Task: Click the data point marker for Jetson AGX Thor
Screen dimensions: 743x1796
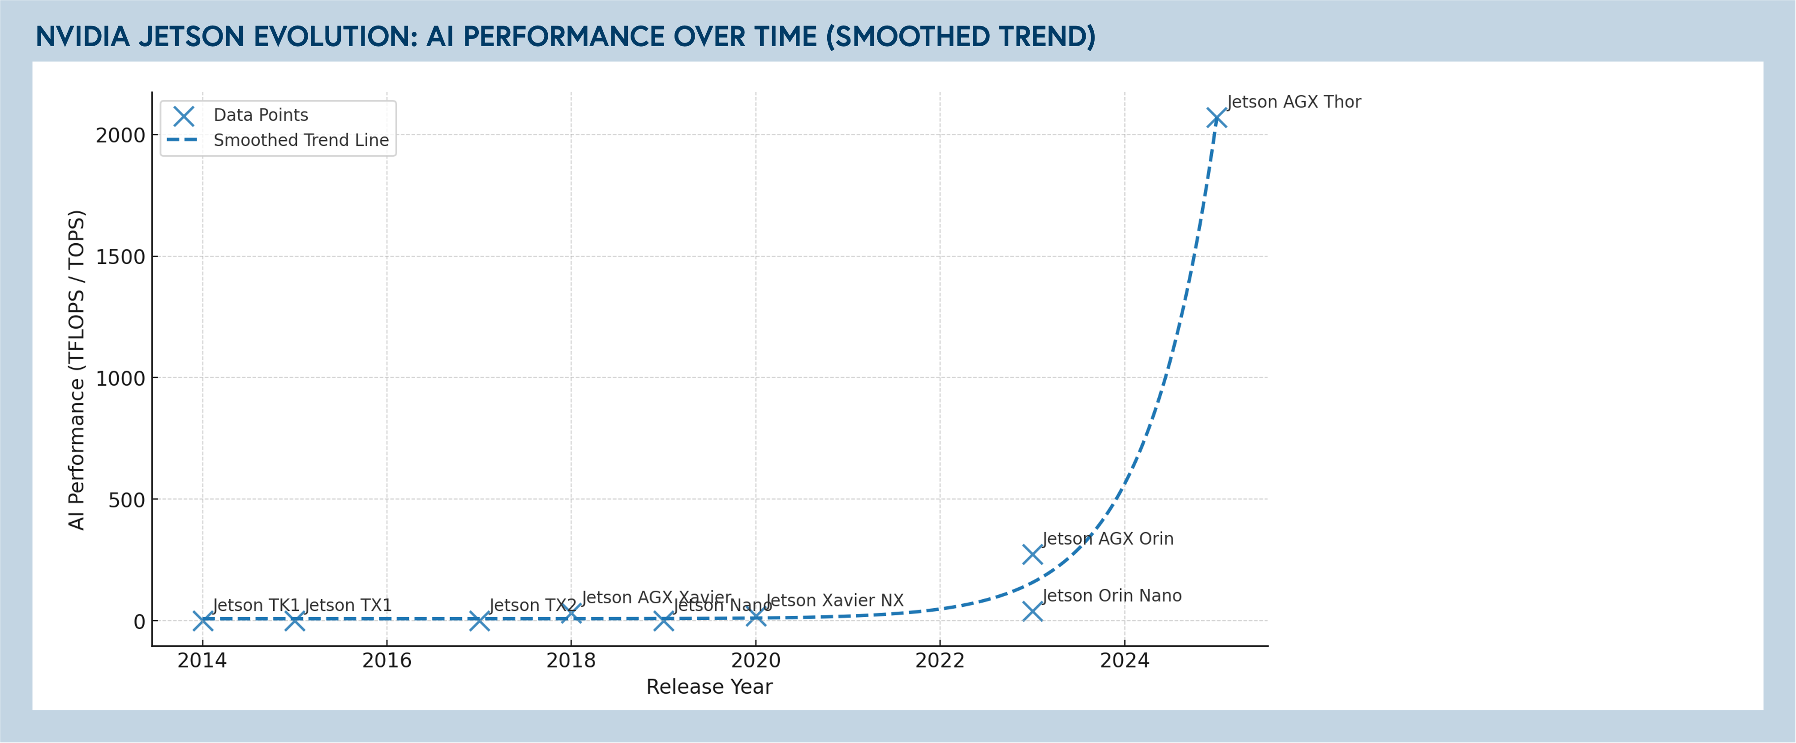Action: (x=1216, y=118)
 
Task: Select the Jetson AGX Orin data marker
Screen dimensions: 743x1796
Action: (x=1032, y=554)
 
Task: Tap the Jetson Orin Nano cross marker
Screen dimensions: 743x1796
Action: (x=1032, y=611)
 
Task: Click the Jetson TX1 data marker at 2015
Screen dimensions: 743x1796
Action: (x=295, y=620)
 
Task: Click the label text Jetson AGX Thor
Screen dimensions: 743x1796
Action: (x=1293, y=102)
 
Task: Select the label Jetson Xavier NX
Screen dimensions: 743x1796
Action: (x=834, y=600)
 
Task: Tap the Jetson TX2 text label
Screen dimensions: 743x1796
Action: (x=533, y=605)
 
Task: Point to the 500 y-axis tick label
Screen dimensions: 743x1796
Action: (x=127, y=500)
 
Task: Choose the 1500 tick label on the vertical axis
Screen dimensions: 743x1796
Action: (x=120, y=257)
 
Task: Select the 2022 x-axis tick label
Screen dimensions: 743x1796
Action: (x=939, y=661)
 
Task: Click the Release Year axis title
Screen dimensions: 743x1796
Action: (x=709, y=687)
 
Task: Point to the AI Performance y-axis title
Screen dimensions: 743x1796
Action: (x=76, y=369)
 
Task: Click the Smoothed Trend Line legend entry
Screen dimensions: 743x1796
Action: (x=301, y=140)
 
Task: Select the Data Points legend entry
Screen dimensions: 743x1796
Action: (x=260, y=115)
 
